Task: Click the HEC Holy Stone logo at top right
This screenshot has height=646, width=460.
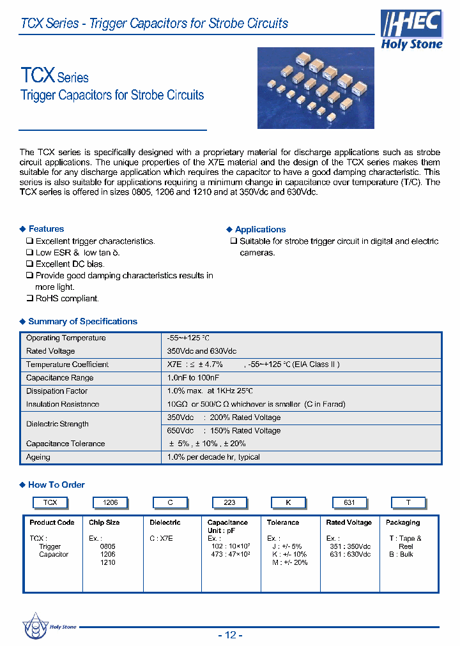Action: tap(411, 30)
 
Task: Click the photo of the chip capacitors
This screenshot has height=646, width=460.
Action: tap(315, 88)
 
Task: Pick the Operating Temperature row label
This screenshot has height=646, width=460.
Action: tap(66, 338)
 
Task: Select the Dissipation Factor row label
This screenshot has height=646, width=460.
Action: tap(57, 391)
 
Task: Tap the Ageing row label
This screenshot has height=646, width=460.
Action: tap(38, 457)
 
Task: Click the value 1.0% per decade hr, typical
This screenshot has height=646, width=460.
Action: tap(213, 457)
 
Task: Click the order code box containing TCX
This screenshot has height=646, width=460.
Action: tap(50, 503)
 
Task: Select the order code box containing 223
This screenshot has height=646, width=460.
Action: tap(229, 503)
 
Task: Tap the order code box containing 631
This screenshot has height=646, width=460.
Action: tap(349, 503)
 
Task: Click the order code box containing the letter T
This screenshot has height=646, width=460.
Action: tap(408, 503)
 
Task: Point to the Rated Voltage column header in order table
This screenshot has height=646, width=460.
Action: tap(349, 523)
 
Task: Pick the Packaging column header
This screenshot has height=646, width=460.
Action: tap(402, 523)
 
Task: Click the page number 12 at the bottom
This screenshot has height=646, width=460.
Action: tap(231, 635)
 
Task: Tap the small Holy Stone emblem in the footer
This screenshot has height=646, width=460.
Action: tap(36, 626)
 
